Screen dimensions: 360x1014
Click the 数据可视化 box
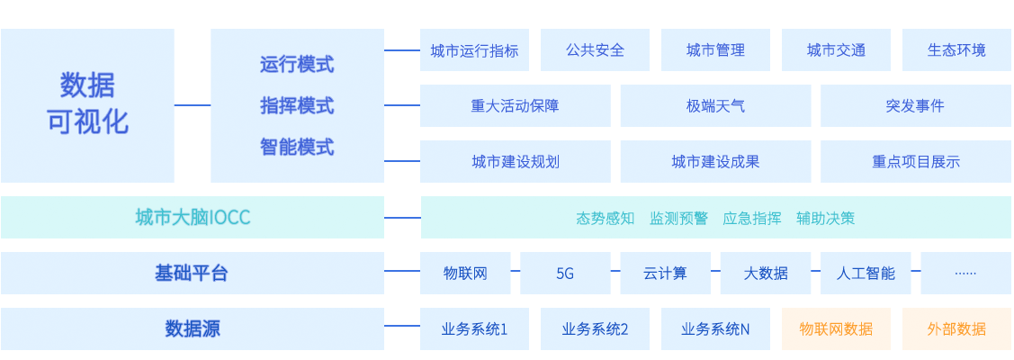point(87,105)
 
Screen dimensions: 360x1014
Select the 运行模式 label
point(297,65)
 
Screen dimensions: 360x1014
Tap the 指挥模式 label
point(297,106)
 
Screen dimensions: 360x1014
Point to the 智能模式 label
point(297,147)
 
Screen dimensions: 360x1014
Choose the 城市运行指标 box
point(474,50)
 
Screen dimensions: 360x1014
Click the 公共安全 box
point(595,50)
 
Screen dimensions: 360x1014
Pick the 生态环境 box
point(956,50)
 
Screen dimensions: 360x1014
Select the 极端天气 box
point(715,106)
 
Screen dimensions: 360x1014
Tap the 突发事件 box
point(915,106)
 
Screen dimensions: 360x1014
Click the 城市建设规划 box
point(515,162)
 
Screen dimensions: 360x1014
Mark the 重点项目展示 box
point(915,162)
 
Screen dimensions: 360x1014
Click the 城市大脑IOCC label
point(193,218)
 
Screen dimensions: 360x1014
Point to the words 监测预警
point(678,218)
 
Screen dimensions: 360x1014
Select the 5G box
point(565,274)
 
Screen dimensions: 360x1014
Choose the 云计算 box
point(665,274)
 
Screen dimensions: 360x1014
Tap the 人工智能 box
point(866,274)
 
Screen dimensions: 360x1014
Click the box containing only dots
point(965,274)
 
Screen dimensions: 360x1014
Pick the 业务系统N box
point(715,329)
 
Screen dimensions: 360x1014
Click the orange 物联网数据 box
point(836,329)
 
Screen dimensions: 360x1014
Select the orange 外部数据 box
point(956,329)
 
